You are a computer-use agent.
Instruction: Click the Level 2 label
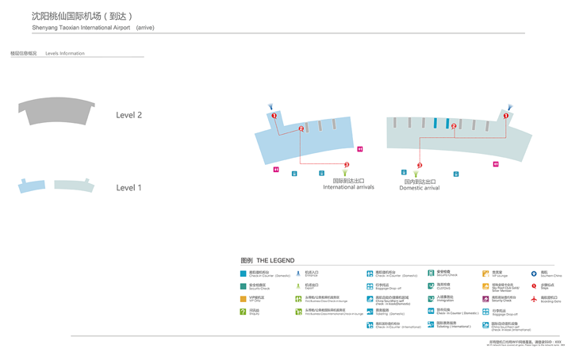pos(128,115)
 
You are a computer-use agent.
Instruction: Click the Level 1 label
pos(128,188)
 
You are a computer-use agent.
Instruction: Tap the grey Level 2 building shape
pos(56,110)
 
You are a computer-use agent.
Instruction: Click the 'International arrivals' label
pos(348,187)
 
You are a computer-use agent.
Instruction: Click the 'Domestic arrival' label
pos(419,188)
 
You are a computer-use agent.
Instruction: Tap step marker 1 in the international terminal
pos(274,117)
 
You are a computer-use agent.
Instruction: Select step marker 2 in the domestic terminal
pos(454,126)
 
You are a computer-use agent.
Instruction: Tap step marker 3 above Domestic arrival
pos(420,166)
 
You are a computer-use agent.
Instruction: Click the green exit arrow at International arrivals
pos(345,171)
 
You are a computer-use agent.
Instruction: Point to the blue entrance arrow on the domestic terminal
pos(510,106)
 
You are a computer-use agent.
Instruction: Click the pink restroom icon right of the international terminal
pos(360,149)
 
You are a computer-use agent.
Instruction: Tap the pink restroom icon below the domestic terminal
pos(496,164)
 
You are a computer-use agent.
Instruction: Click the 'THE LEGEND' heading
pos(275,260)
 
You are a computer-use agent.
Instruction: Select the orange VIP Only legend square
pos(244,299)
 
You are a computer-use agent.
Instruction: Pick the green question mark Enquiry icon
pos(244,312)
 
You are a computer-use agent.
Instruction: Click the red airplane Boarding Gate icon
pos(534,299)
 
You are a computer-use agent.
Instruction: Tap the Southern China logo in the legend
pos(534,274)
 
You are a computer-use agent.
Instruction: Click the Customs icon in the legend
pos(431,286)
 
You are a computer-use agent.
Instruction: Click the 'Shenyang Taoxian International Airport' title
pos(81,28)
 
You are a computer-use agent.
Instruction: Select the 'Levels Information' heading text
pos(65,53)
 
